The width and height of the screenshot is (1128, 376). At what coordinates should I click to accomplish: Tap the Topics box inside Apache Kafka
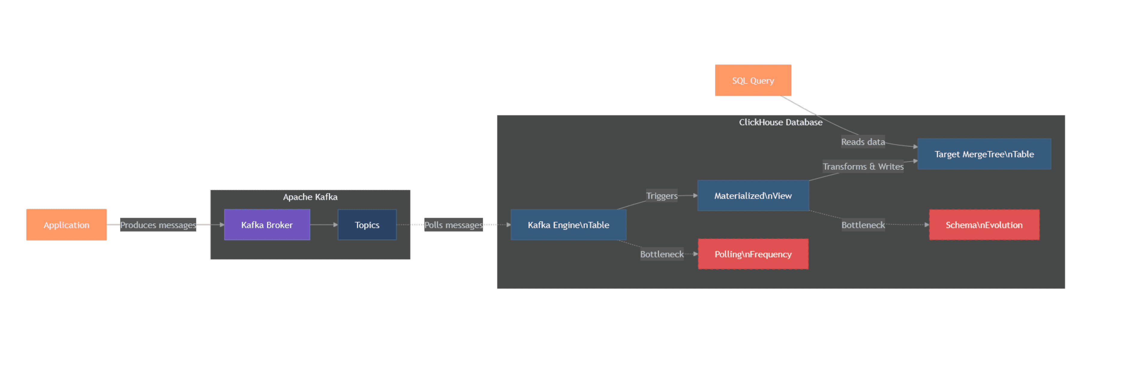(367, 225)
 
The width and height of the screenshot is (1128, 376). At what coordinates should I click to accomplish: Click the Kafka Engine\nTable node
(568, 225)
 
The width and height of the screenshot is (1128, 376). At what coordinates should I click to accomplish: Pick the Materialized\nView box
(753, 195)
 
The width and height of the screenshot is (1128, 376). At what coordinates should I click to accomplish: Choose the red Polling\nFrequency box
(753, 254)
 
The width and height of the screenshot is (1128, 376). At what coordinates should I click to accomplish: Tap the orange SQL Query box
(753, 81)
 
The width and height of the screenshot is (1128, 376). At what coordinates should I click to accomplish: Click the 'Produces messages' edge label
(158, 225)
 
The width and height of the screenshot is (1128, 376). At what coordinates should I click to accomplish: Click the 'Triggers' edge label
(662, 195)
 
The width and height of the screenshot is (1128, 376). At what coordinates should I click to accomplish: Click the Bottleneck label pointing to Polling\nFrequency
(662, 254)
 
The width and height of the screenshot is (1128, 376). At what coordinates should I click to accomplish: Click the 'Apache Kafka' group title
(310, 197)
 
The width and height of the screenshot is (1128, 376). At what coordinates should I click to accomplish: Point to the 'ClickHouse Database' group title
(780, 122)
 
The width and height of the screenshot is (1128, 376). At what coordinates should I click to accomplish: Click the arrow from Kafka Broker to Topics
(324, 225)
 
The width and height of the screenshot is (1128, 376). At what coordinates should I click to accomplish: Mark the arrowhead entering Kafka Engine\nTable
(508, 225)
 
